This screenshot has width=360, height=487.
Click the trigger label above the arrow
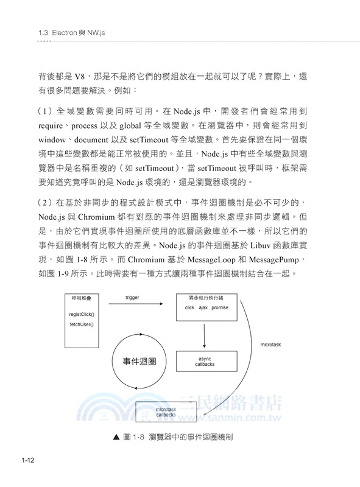(132, 298)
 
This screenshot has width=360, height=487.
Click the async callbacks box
(204, 362)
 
